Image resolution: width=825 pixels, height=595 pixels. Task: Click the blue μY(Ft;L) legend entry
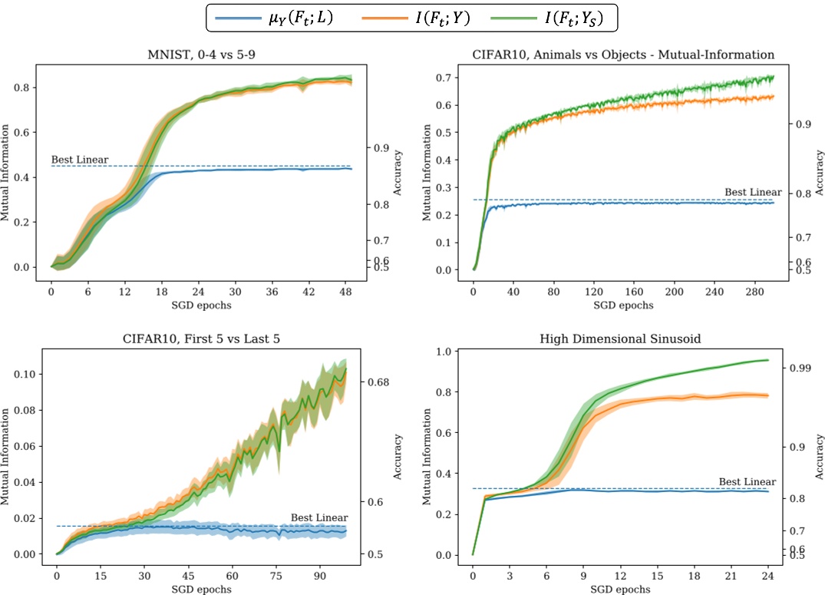coord(277,17)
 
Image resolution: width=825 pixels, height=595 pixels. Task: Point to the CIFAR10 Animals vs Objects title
coord(623,55)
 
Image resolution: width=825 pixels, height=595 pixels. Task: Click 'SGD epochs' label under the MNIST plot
coord(202,305)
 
